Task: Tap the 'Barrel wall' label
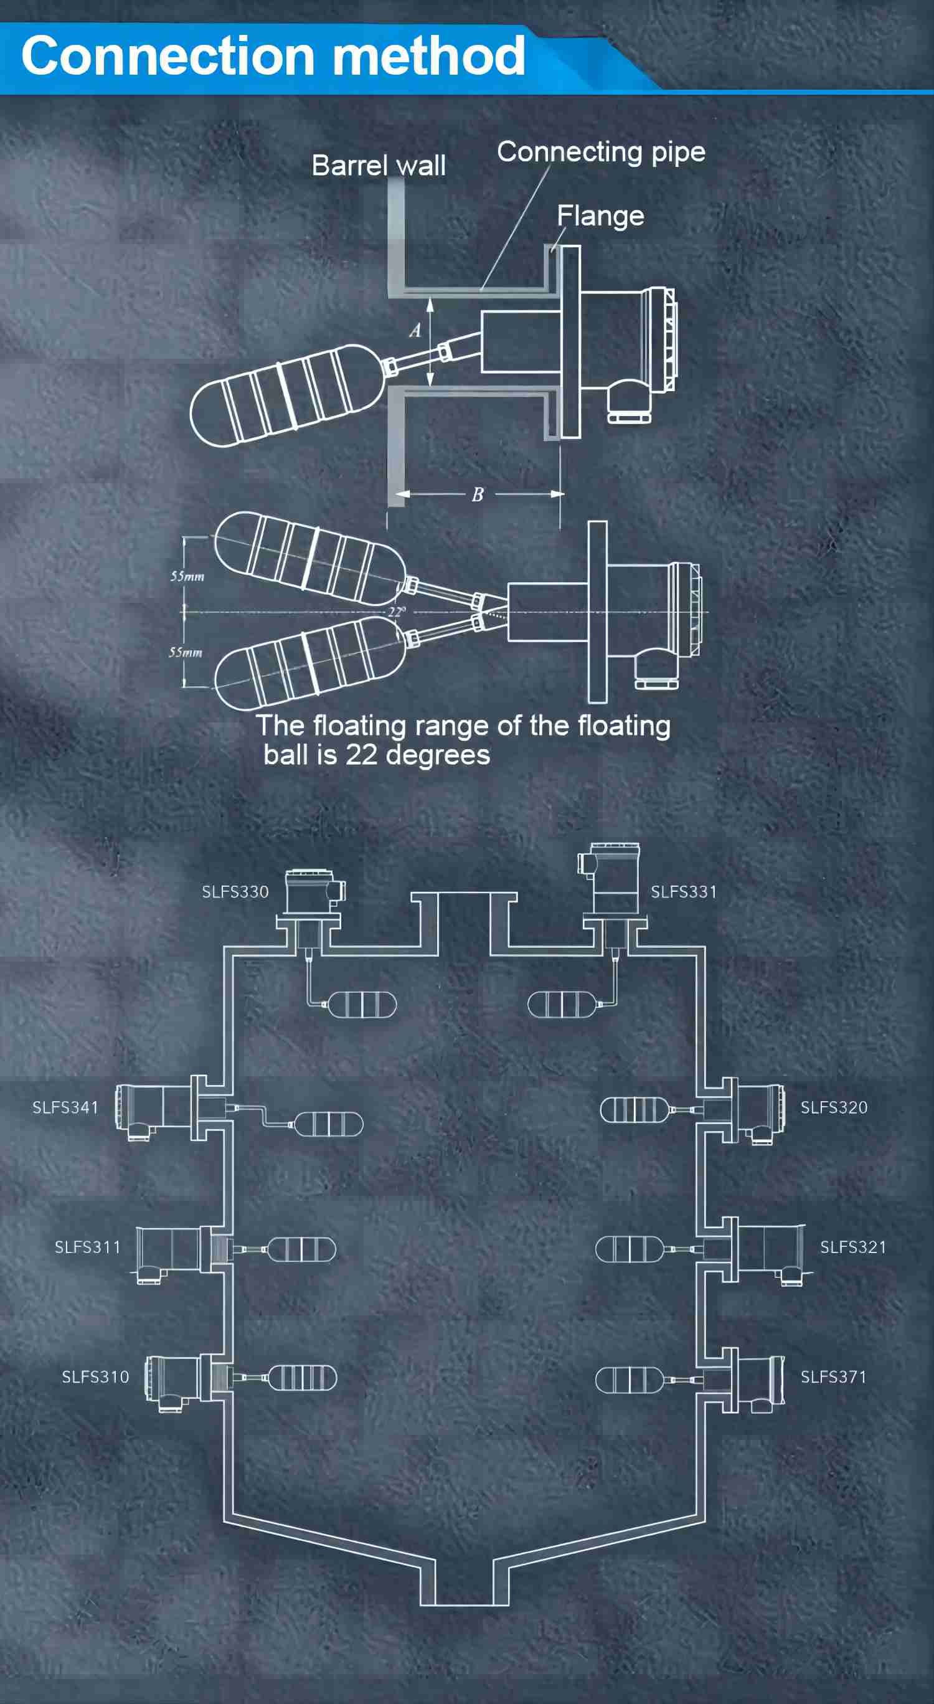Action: [379, 166]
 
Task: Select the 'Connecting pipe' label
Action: [601, 152]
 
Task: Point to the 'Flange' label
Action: [600, 215]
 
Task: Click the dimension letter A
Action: [415, 330]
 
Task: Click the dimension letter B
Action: [478, 494]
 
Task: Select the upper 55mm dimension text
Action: [187, 576]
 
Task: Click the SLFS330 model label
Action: [235, 892]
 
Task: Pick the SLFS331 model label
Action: [683, 892]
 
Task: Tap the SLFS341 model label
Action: [65, 1107]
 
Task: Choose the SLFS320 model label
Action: [834, 1107]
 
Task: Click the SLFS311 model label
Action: [88, 1247]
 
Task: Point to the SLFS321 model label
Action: [852, 1247]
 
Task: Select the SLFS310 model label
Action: [95, 1376]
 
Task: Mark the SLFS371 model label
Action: [833, 1376]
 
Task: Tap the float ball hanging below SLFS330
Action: [362, 1005]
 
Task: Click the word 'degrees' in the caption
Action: [438, 755]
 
